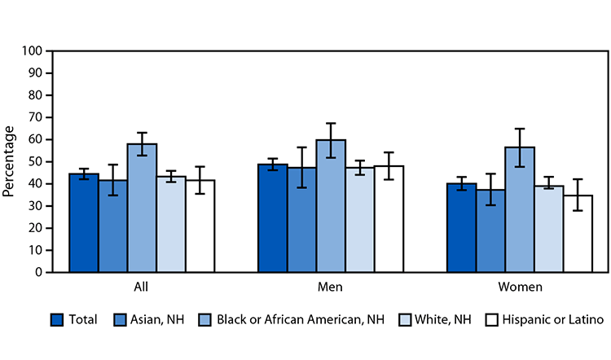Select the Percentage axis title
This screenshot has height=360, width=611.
pyautogui.click(x=10, y=161)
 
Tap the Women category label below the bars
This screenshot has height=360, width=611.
pyautogui.click(x=520, y=288)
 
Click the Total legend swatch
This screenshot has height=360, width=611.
pyautogui.click(x=57, y=320)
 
